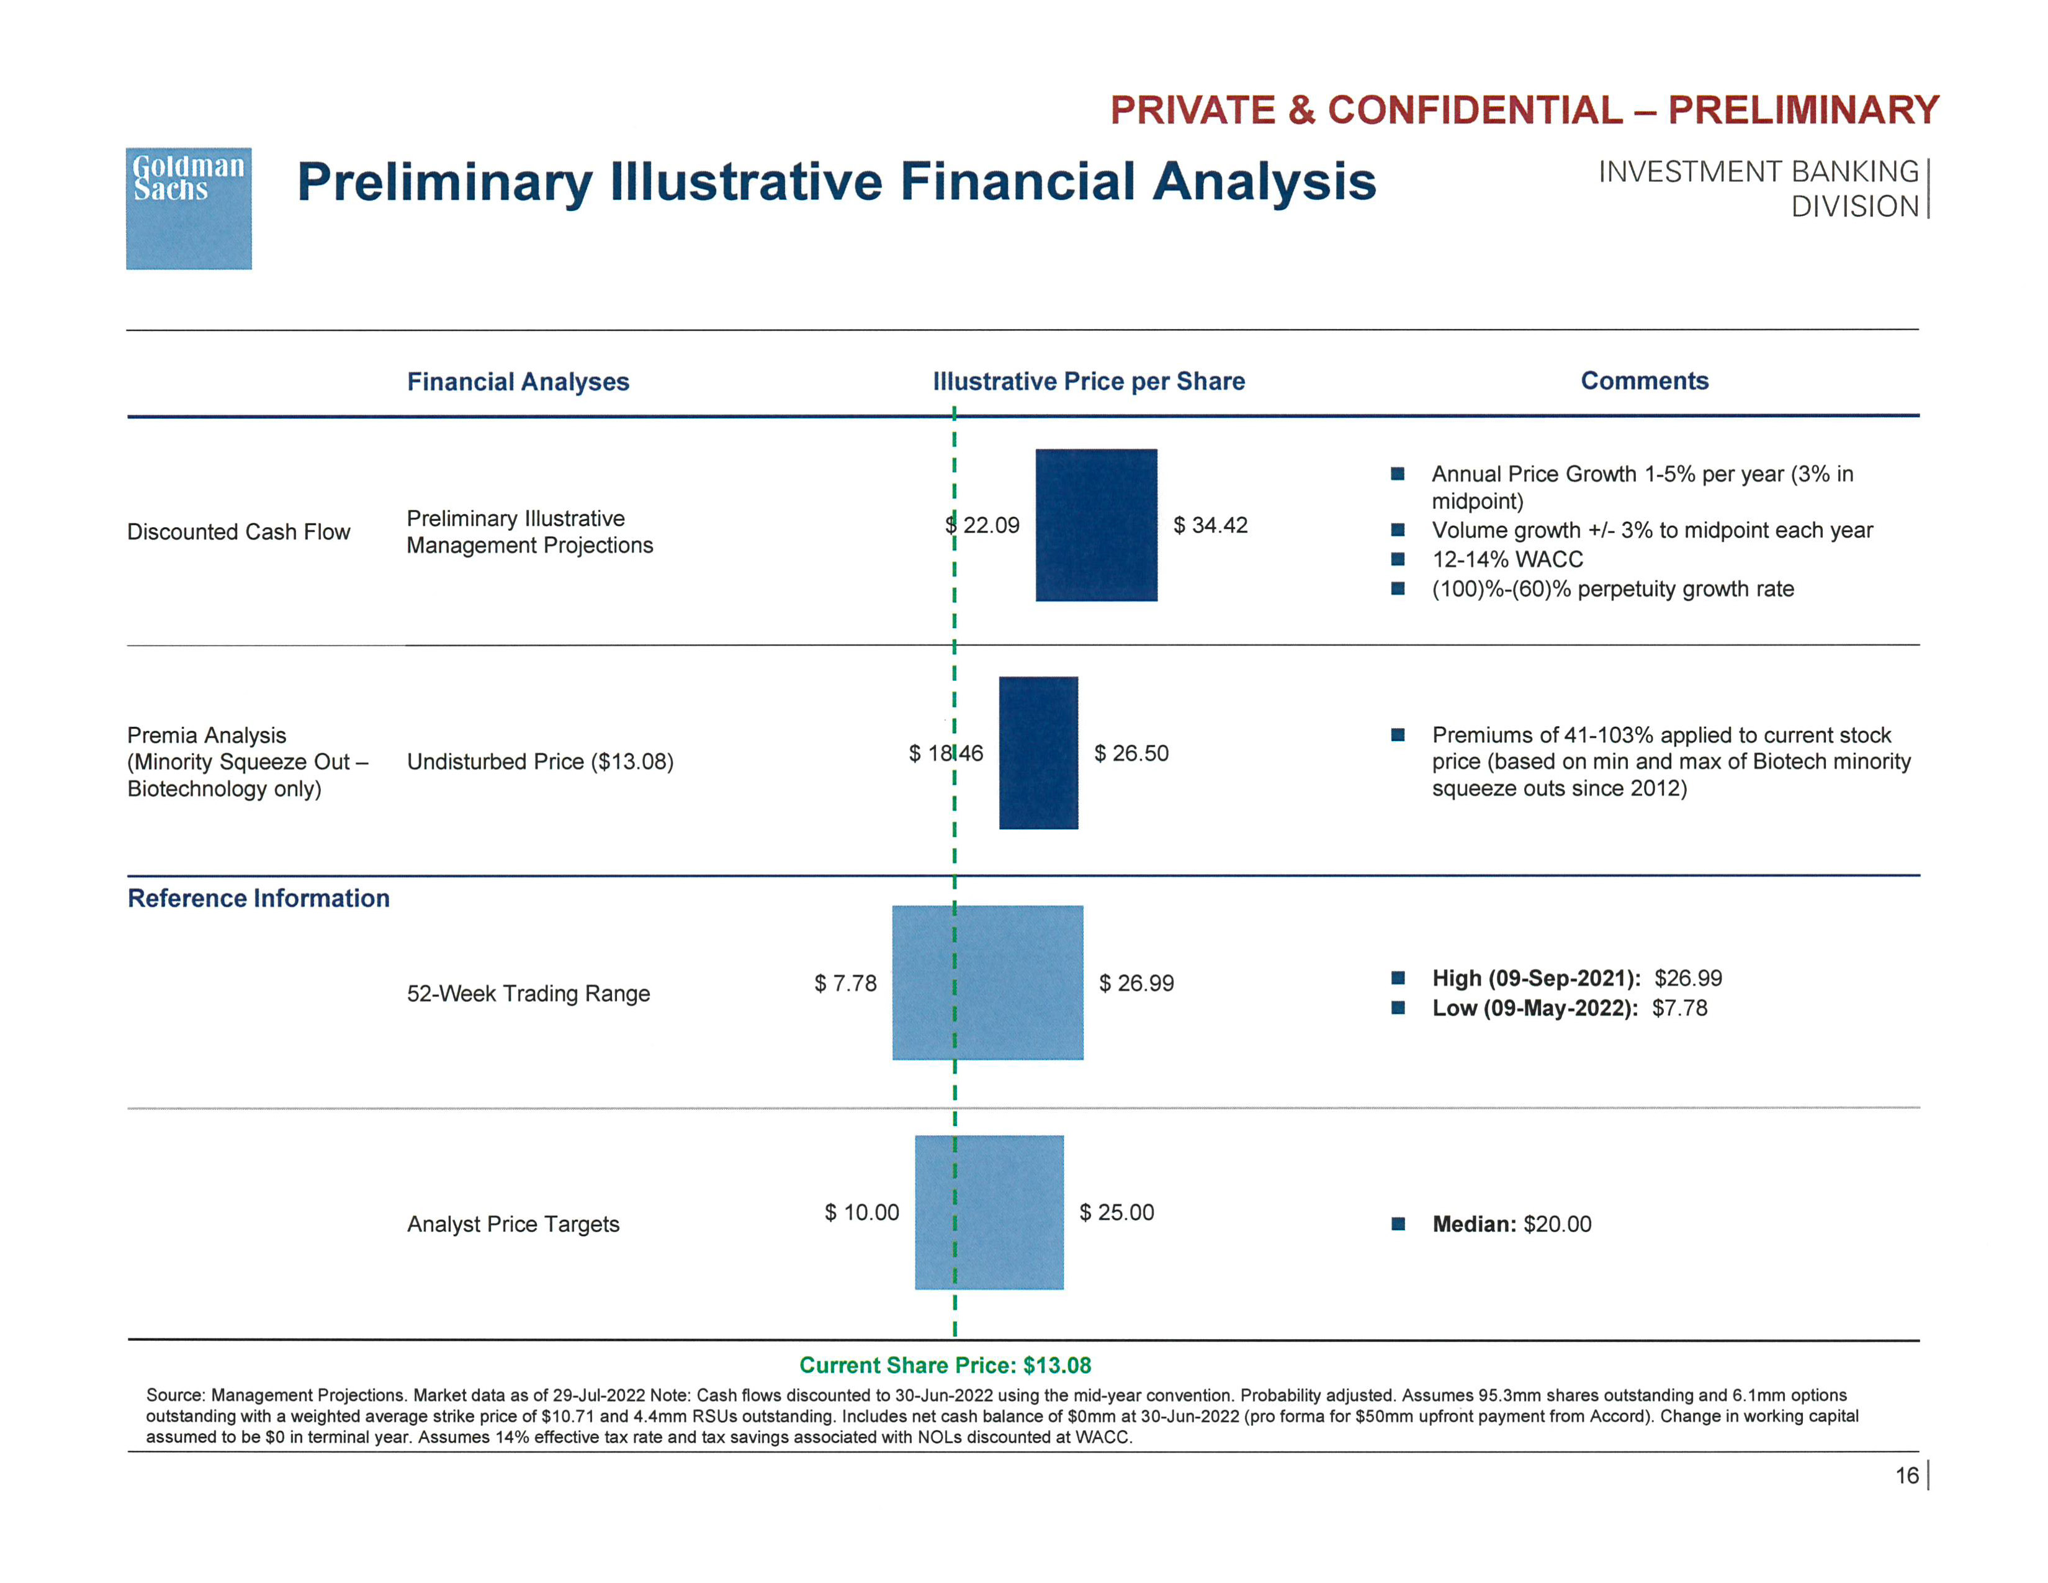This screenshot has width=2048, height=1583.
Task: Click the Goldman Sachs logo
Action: (x=189, y=207)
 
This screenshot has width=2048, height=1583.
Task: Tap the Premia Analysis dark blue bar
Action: (x=1038, y=752)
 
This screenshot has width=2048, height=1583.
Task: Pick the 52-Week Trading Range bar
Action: (x=987, y=982)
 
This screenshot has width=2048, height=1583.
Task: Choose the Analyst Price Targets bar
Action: (x=989, y=1212)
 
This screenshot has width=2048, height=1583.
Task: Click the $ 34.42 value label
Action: (x=1210, y=525)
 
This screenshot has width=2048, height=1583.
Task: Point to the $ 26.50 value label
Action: (x=1131, y=753)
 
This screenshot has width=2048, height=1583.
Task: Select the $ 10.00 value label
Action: (x=861, y=1212)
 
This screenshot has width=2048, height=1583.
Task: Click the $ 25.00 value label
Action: (x=1116, y=1212)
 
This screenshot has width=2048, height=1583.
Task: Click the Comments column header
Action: (x=1644, y=381)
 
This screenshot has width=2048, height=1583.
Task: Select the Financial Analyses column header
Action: (x=518, y=382)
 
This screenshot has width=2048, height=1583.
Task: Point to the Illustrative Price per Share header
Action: (x=1088, y=382)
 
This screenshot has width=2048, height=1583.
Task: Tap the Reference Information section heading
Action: (x=258, y=898)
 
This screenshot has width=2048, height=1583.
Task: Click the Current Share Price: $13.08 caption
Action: (x=945, y=1366)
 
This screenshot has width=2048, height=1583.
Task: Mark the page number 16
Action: (x=1907, y=1476)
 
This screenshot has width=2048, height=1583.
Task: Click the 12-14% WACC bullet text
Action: (x=1507, y=560)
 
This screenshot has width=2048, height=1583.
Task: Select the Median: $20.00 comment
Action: (x=1511, y=1224)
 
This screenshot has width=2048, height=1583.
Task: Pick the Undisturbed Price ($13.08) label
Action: (x=540, y=762)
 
